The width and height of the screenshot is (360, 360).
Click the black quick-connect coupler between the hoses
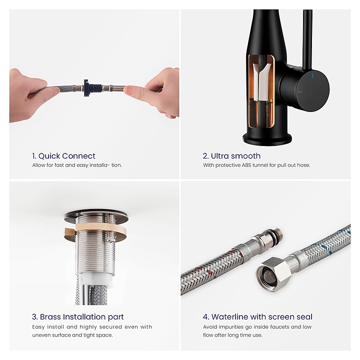(92, 88)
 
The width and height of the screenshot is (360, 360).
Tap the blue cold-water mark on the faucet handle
(312, 75)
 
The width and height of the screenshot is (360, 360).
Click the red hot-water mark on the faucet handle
(300, 92)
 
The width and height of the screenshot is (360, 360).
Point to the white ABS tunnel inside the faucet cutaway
(261, 82)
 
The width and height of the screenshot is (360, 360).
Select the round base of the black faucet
(267, 138)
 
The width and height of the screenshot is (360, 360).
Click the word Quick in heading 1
(48, 156)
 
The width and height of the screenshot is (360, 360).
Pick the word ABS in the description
(246, 165)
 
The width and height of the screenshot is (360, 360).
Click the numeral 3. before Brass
(35, 317)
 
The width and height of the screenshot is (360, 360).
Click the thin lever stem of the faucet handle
(307, 39)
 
